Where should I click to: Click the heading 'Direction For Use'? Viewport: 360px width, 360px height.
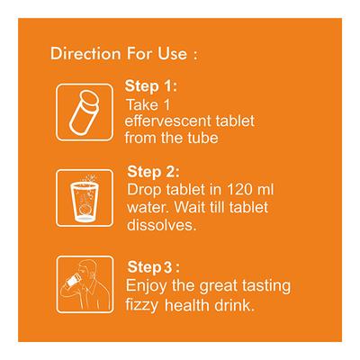[x=121, y=54]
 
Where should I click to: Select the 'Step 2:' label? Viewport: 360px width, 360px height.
[x=156, y=172]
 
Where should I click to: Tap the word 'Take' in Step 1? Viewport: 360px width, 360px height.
[x=140, y=105]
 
